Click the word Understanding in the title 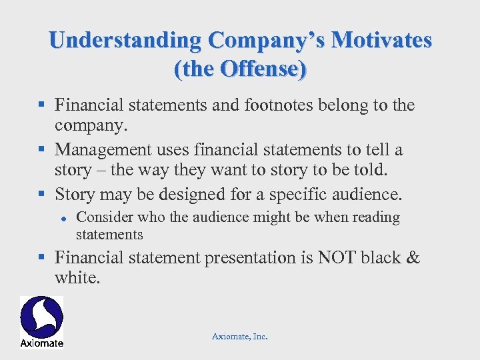pos(125,41)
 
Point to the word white pos(77,278)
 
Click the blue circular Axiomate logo pos(41,317)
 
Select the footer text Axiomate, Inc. pos(239,337)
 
